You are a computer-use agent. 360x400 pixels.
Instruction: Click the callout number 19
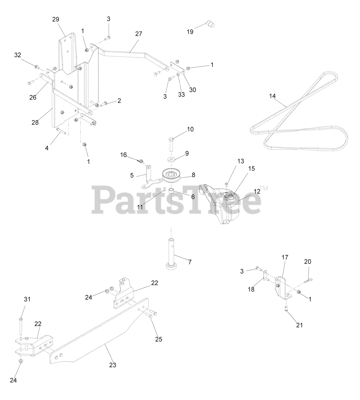coord(190,32)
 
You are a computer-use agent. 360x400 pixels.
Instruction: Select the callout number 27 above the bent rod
coord(138,34)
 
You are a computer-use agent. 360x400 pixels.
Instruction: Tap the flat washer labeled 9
coord(171,160)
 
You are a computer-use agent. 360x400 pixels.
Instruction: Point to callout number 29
coord(56,19)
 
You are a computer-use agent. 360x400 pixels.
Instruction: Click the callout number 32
coord(17,55)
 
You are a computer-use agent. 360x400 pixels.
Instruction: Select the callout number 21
coord(299,325)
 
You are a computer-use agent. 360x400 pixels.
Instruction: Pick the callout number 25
coord(159,339)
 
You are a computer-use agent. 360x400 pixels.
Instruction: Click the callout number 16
coord(124,155)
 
